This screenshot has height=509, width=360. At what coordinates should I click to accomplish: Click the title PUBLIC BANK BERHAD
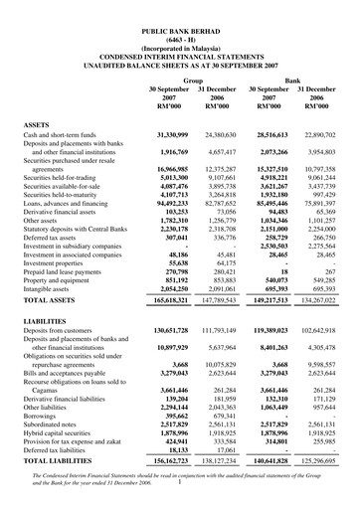point(179,9)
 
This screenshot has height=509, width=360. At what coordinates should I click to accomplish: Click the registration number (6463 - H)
point(179,18)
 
